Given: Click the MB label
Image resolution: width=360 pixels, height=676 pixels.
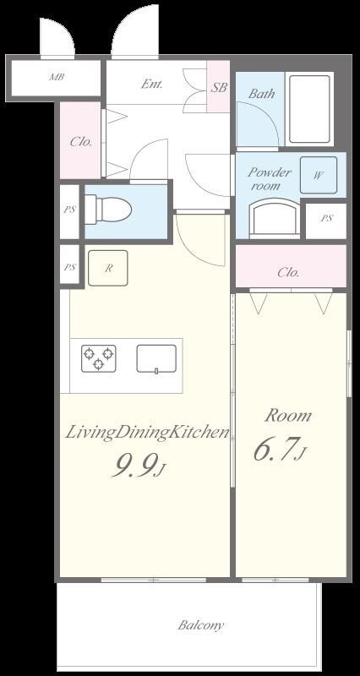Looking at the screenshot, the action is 57,78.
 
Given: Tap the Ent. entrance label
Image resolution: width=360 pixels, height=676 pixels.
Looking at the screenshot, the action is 152,84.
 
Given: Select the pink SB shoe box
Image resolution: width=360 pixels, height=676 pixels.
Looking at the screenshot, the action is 218,87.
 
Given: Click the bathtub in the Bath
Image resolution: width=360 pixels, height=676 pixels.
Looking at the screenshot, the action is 309,109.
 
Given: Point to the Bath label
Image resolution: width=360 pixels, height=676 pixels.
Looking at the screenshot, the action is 261,93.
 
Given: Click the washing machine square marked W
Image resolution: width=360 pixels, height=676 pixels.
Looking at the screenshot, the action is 319,175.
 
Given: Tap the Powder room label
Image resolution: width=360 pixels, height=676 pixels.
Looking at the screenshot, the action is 269,179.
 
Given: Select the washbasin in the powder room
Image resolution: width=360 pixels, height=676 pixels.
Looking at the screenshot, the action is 275,217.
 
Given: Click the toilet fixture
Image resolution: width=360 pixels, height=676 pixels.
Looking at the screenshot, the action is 108,210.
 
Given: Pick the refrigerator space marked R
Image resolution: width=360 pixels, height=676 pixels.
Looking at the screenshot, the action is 108,268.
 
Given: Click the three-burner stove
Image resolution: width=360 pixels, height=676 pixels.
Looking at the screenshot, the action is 99,358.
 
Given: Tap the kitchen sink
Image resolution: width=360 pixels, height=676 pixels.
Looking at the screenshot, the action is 156,358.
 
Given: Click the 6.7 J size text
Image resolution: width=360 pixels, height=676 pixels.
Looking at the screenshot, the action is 280,450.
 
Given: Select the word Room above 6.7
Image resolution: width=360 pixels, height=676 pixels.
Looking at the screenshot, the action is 288,416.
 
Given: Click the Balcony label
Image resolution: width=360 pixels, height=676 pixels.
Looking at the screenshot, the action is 201,625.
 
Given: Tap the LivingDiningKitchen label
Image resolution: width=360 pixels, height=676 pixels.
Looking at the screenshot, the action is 146,433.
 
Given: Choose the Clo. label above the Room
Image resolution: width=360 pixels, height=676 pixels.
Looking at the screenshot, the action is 288,272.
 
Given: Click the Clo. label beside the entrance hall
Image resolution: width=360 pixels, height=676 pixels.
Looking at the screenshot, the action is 81,141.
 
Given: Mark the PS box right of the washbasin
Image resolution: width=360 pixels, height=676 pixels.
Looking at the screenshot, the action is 326,219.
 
